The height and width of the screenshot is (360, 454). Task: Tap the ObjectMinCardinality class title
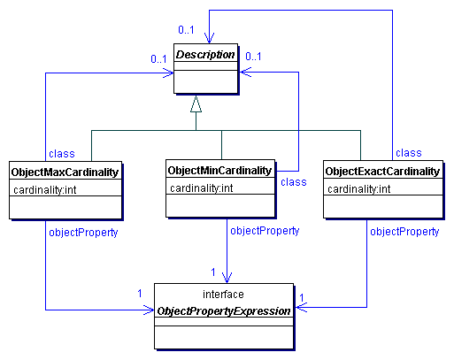(x=221, y=169)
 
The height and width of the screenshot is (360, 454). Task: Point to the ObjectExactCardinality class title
(x=382, y=172)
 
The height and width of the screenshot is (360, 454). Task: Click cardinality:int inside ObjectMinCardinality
(x=201, y=188)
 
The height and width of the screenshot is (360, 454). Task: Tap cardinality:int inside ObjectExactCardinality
(x=359, y=189)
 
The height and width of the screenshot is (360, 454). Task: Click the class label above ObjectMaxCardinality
(x=61, y=153)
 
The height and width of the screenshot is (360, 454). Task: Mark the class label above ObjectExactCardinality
(x=408, y=153)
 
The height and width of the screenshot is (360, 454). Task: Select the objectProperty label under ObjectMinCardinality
(x=265, y=231)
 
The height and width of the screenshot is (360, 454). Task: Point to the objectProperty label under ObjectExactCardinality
(x=404, y=232)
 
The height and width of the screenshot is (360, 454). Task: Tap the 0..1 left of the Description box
(x=159, y=59)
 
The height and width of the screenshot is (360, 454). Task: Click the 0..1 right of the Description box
(x=254, y=57)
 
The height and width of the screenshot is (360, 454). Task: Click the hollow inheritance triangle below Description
(x=196, y=104)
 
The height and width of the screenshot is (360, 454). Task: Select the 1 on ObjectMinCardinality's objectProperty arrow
(x=213, y=271)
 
